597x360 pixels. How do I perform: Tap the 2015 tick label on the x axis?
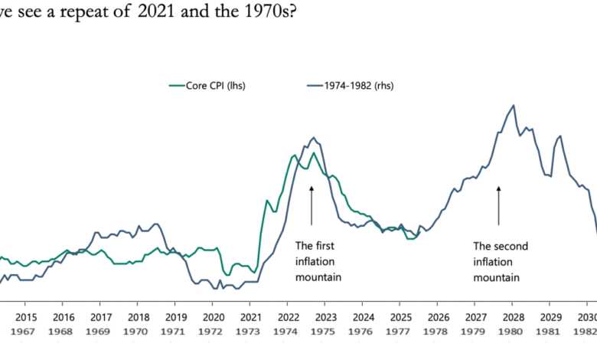tap(25, 317)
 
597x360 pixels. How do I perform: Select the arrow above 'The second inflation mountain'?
tap(498, 205)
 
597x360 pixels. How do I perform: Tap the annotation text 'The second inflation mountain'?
tap(501, 261)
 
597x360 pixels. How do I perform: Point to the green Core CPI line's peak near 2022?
tap(295, 155)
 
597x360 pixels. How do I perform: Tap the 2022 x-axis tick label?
tap(288, 317)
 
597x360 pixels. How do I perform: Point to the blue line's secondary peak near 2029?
tap(560, 136)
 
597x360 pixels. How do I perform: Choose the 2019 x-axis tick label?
tap(175, 317)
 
